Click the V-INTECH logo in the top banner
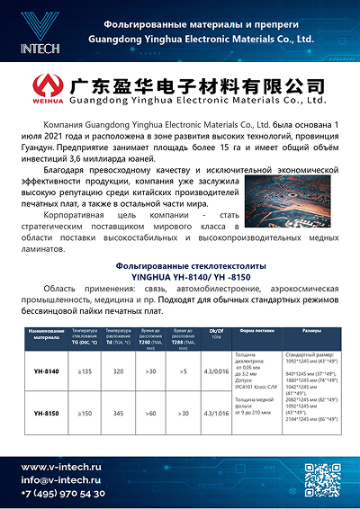coord(27,27)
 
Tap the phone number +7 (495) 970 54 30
coord(63,493)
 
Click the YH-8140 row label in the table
coord(45,371)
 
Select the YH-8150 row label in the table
coord(45,413)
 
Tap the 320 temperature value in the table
coord(118,371)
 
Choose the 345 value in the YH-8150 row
coord(118,413)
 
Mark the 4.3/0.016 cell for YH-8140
coord(216,371)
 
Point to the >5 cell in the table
coord(183,371)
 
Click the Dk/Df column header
coord(215,332)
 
